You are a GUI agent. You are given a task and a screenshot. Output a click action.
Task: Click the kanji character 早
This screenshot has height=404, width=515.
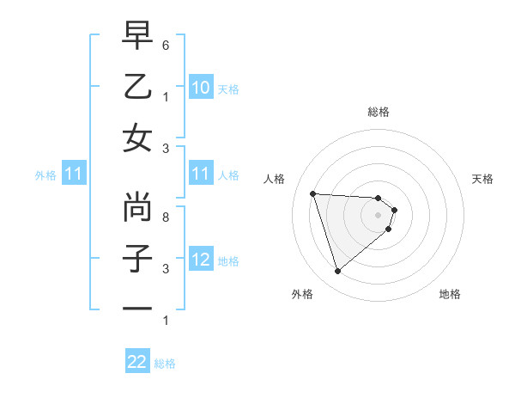point(137,36)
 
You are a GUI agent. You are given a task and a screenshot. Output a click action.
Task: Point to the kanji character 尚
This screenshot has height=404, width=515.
point(137,207)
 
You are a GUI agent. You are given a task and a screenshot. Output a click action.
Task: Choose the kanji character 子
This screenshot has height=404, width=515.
point(137,258)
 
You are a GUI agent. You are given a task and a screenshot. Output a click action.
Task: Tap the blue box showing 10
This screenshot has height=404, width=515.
point(200,88)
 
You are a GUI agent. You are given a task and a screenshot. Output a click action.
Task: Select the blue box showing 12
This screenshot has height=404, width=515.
point(200,260)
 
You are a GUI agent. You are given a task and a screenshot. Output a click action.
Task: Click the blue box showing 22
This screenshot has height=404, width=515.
point(137,362)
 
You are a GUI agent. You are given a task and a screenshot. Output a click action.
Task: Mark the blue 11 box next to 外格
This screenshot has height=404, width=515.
point(73,174)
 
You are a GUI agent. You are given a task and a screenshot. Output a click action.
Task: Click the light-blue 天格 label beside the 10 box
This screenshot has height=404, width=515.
point(228,89)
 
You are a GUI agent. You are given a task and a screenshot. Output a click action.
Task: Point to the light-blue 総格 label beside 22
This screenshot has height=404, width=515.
point(165,364)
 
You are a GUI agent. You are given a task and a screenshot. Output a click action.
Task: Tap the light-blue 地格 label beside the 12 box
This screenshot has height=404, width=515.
point(228,261)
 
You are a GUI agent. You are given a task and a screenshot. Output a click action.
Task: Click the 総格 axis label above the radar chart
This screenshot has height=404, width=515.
point(378,112)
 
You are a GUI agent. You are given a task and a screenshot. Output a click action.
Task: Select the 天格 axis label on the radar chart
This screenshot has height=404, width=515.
point(483,179)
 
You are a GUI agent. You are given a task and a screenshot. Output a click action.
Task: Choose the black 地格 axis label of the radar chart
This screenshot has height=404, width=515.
point(450,294)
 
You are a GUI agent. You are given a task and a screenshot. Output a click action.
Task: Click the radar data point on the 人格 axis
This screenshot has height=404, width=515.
point(312,193)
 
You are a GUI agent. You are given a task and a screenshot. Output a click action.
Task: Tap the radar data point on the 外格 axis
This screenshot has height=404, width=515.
point(337,271)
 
